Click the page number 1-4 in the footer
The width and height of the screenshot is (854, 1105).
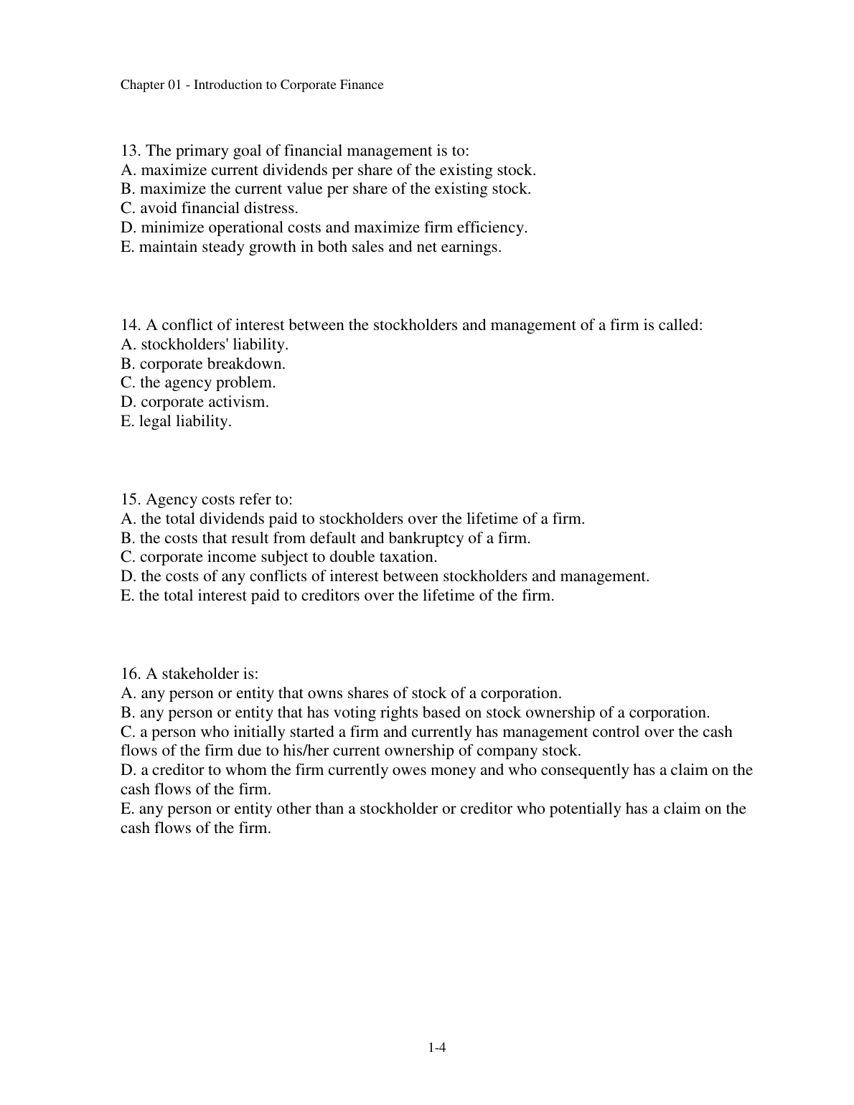coord(437,1048)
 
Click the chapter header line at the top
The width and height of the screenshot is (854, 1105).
coord(252,85)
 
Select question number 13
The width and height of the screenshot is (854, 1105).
coord(129,151)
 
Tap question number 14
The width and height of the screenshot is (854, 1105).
coord(129,325)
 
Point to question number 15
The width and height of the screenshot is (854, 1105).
coord(129,499)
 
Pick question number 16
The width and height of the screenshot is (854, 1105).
coord(129,674)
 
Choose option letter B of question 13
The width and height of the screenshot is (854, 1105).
coord(127,189)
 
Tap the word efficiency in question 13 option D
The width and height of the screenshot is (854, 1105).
coord(492,228)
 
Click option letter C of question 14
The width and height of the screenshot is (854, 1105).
coord(127,383)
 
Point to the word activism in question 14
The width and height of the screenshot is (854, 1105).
coord(239,403)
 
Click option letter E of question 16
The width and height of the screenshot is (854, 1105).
coord(126,809)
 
